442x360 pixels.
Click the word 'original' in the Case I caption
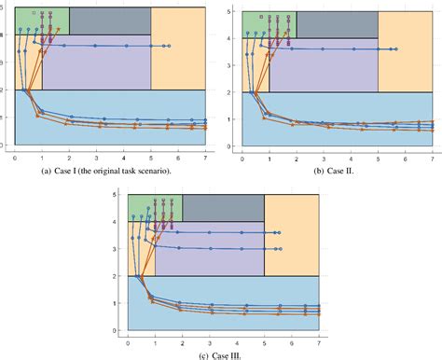[x=104, y=170]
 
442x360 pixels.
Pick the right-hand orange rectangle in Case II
[x=405, y=51]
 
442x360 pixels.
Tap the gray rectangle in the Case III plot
[x=223, y=208]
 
